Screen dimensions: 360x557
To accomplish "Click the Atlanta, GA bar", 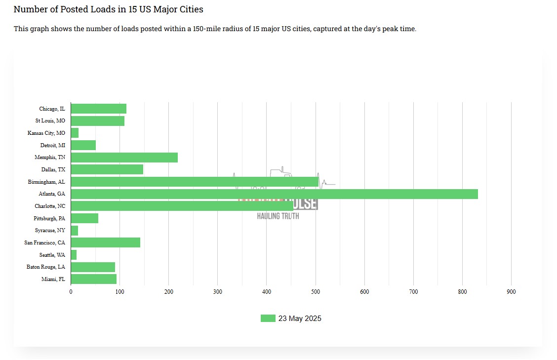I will click(274, 194).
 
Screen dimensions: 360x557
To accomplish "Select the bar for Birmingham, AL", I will click(195, 182).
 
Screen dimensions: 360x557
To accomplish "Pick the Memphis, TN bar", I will click(124, 158).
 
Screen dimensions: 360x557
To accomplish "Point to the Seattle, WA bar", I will click(74, 255).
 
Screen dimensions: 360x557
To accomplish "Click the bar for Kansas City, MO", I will click(75, 133).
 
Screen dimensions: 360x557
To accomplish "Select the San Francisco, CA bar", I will click(105, 242).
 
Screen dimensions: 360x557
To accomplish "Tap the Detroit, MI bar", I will click(83, 145).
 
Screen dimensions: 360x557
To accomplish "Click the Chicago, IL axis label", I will click(52, 109).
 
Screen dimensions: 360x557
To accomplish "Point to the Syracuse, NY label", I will click(50, 230).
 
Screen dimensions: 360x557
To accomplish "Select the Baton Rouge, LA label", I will click(45, 267).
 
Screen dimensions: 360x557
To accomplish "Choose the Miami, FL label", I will click(53, 280).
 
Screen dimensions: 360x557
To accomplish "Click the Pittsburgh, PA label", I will click(49, 218).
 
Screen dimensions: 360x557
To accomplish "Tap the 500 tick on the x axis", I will click(316, 292).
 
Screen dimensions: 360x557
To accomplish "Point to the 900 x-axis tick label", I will click(511, 292).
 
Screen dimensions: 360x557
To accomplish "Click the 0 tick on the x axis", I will click(71, 292).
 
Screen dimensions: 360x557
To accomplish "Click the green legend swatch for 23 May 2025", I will click(268, 319).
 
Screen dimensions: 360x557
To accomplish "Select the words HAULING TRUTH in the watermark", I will click(278, 216).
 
